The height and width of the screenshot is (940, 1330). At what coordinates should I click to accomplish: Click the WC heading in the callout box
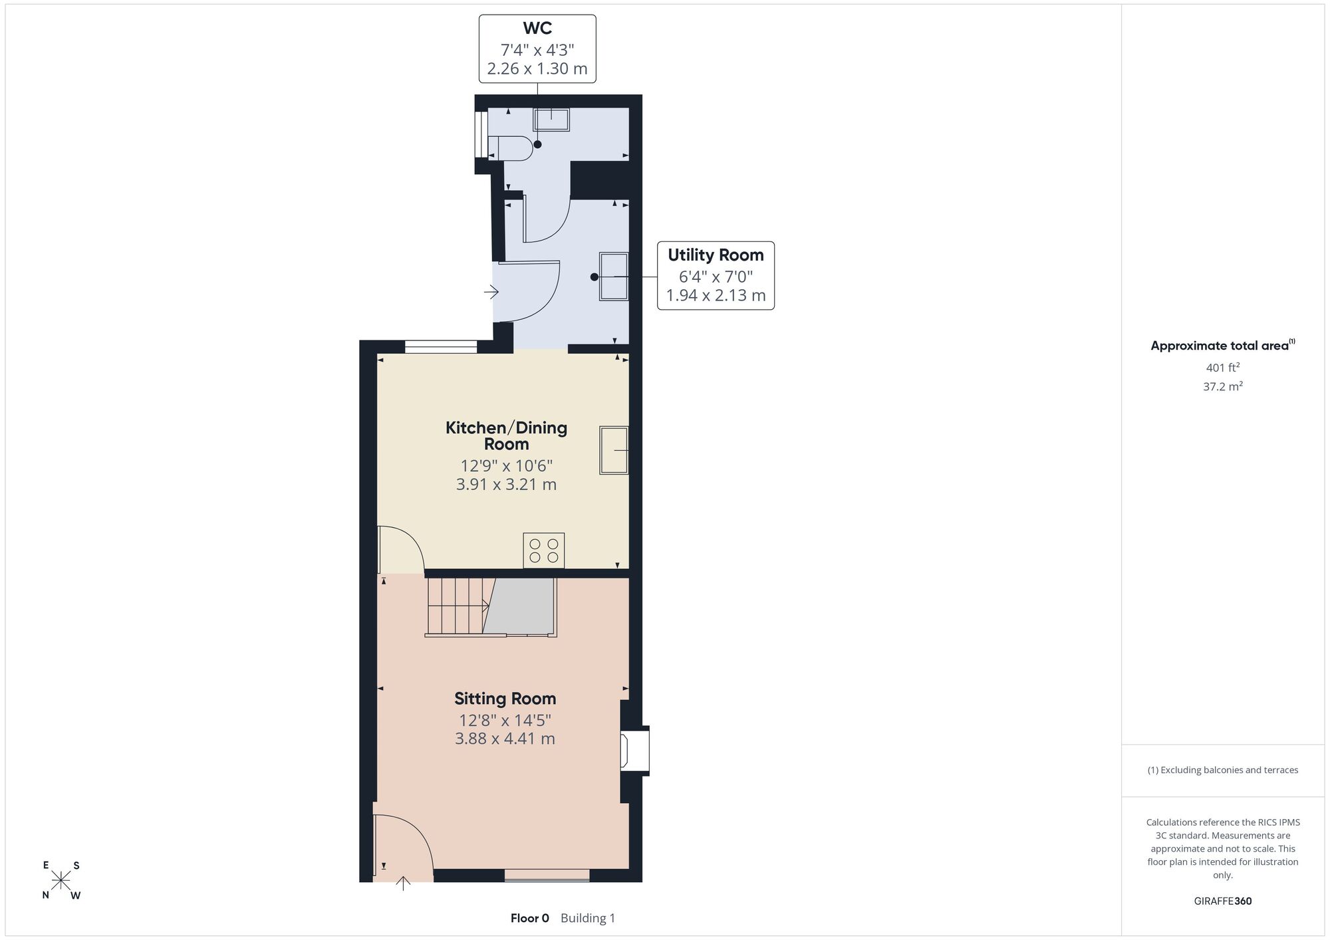click(537, 29)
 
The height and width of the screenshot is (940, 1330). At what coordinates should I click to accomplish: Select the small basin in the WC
click(551, 120)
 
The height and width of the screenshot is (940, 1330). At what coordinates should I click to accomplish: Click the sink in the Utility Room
click(614, 276)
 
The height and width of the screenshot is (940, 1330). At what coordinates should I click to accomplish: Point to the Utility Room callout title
click(716, 255)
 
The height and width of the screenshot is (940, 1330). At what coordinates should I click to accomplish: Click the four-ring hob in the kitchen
click(544, 550)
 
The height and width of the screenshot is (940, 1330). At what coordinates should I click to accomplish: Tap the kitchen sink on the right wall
click(614, 450)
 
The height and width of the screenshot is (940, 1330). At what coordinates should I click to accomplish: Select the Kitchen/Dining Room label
click(506, 435)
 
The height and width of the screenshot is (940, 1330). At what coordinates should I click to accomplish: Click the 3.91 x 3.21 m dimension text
click(506, 485)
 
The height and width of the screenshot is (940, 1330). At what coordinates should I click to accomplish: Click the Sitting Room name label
click(505, 699)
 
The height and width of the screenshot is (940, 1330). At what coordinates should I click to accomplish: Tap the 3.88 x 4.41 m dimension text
click(505, 739)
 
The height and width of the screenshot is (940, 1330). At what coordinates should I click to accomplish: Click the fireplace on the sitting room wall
click(634, 750)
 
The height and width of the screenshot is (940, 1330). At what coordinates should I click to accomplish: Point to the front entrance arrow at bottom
click(403, 883)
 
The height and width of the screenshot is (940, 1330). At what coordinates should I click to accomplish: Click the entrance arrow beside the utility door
click(491, 291)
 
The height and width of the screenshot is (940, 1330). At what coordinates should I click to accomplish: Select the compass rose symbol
click(61, 880)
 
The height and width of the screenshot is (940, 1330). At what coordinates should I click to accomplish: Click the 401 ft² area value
click(1223, 367)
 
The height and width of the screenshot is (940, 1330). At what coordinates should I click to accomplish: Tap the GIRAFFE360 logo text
click(1223, 901)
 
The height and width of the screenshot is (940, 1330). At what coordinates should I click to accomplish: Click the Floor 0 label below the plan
click(530, 918)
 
